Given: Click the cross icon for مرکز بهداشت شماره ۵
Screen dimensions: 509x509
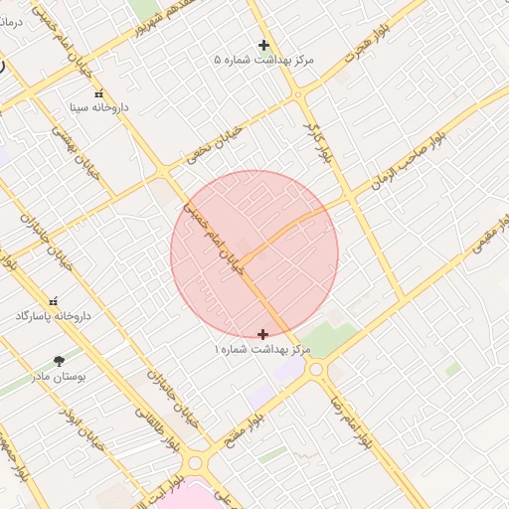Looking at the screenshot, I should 263,45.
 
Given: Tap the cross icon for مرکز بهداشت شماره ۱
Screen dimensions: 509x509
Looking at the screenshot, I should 262,334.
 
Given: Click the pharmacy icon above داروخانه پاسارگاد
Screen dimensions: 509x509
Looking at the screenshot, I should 54,301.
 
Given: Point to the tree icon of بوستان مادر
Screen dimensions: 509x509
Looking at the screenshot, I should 60,362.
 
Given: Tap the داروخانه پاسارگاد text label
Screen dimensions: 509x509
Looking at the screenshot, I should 54,315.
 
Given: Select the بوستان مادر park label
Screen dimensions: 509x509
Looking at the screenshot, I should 60,377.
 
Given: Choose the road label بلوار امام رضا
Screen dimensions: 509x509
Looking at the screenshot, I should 353,417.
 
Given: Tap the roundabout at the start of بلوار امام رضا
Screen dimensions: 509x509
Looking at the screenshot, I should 317,370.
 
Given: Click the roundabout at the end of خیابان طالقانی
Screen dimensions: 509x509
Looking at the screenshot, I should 195,463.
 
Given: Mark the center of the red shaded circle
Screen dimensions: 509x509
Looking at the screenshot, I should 254,254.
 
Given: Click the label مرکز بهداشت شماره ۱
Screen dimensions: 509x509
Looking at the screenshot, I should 262,350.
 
